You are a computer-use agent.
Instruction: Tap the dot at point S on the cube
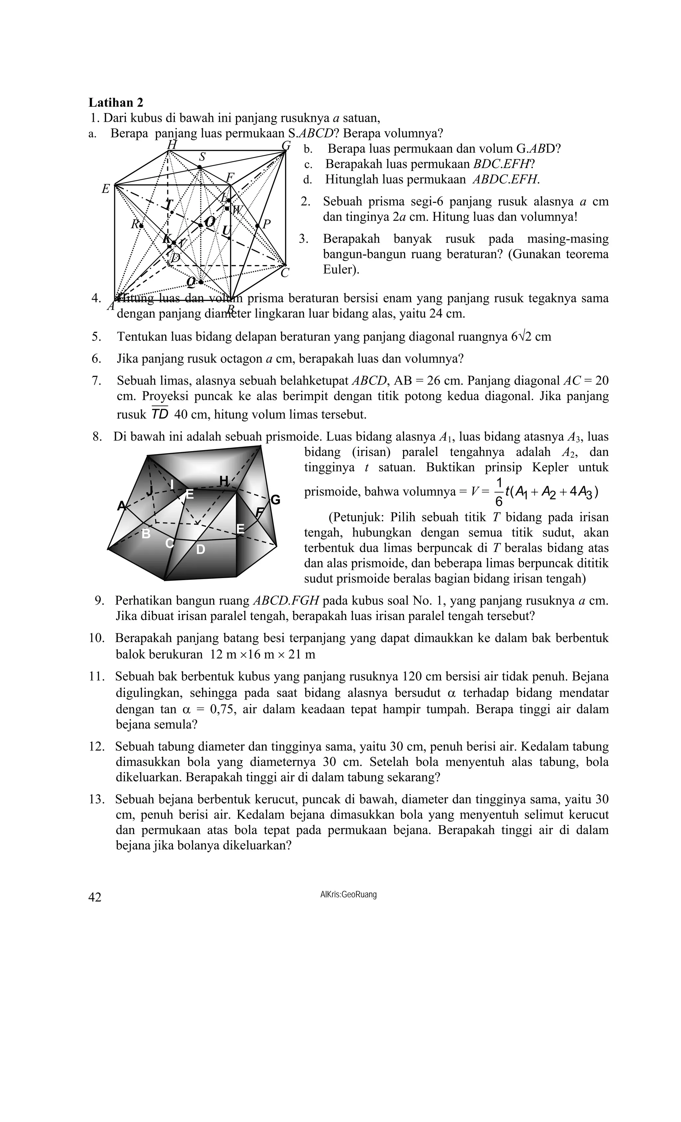pyautogui.click(x=200, y=168)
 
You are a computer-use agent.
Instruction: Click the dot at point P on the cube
pyautogui.click(x=257, y=226)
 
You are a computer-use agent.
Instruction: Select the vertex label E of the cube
pyautogui.click(x=105, y=189)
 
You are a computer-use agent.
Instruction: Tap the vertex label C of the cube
pyautogui.click(x=285, y=273)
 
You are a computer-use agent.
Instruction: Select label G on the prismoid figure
pyautogui.click(x=275, y=500)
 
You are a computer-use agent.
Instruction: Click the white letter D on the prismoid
pyautogui.click(x=200, y=550)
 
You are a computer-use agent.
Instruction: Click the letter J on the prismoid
pyautogui.click(x=149, y=490)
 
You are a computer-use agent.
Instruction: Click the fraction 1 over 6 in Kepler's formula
pyautogui.click(x=499, y=492)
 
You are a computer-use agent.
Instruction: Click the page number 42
pyautogui.click(x=95, y=897)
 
